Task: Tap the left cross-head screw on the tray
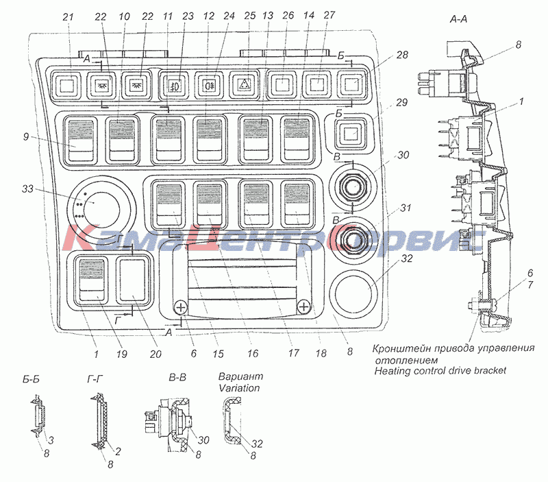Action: [180, 307]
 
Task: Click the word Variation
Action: [239, 387]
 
